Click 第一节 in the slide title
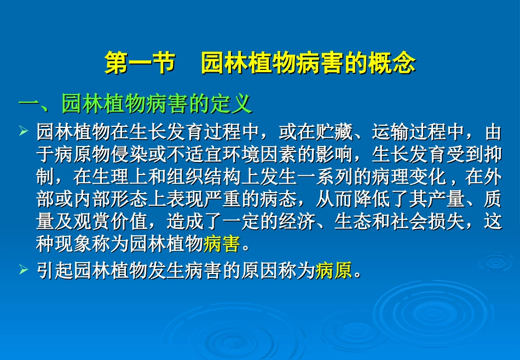pos(139,63)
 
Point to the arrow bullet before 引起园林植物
pos(23,269)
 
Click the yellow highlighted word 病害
pos(222,244)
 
